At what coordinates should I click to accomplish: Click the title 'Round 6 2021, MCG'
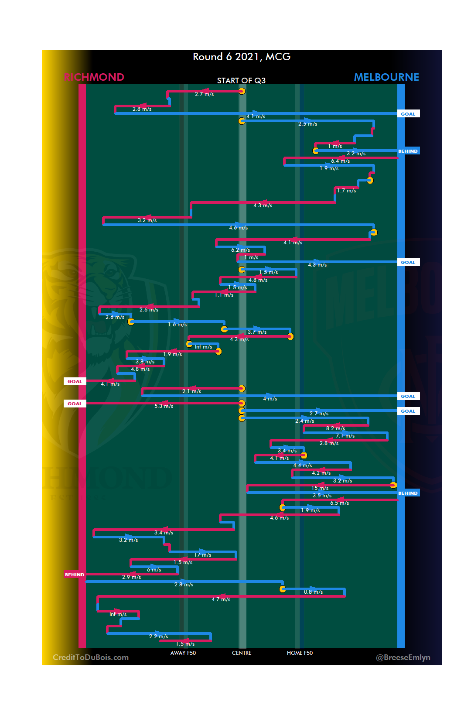tap(242, 57)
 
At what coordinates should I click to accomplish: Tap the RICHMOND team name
tap(94, 77)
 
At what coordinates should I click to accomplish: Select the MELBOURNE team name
tap(386, 77)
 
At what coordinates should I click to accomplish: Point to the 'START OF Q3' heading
tap(241, 81)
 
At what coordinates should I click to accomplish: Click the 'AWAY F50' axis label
tap(183, 653)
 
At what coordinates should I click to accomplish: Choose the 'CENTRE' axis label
tap(242, 653)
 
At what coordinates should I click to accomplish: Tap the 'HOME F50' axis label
tap(300, 653)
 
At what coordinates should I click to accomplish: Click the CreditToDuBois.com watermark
tap(91, 657)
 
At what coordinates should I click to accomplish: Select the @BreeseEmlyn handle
tap(403, 657)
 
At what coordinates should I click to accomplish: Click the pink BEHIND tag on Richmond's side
tap(75, 575)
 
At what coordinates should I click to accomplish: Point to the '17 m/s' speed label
tap(203, 555)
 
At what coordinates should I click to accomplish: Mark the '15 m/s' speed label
tap(320, 488)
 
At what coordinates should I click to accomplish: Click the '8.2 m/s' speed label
tap(335, 428)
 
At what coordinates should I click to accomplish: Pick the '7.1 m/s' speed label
tap(345, 436)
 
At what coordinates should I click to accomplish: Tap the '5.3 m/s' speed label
tap(164, 406)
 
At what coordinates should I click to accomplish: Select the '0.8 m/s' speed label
tap(313, 592)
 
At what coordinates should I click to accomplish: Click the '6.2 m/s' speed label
tap(240, 250)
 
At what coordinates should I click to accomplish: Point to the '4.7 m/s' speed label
tap(221, 599)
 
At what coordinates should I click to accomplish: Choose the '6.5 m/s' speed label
tap(339, 503)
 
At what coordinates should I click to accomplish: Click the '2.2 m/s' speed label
tap(158, 636)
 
